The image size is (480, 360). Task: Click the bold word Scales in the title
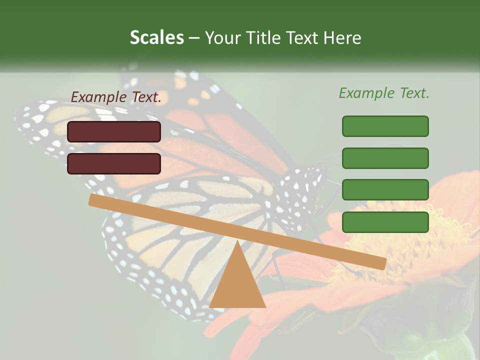156,38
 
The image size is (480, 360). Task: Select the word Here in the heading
342,38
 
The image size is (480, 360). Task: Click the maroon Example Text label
116,97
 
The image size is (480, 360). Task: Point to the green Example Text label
384,93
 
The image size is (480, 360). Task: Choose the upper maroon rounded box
114,131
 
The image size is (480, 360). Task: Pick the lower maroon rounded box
114,163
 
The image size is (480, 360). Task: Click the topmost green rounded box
385,126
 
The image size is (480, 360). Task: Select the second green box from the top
385,158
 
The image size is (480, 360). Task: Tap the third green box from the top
385,189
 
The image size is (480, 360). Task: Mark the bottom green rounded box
385,222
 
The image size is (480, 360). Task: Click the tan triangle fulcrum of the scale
237,280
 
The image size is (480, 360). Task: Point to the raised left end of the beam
95,200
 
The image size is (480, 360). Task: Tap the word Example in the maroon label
97,97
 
